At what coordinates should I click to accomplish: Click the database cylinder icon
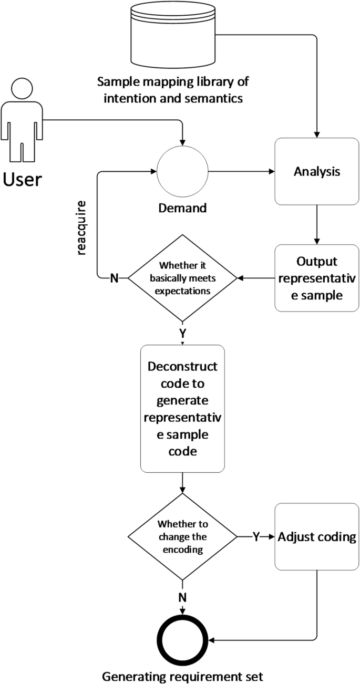coord(173,35)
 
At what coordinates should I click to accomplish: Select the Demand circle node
coord(182,171)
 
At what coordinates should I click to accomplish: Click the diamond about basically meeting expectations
coord(182,278)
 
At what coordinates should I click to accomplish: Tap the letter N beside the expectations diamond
coord(114,278)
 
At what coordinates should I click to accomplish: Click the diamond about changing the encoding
coord(182,536)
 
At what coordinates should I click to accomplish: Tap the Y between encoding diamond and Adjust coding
coord(256,537)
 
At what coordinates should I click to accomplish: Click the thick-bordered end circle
coord(182,640)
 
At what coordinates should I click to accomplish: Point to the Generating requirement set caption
coord(182,675)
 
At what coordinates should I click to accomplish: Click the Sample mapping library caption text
coord(173,89)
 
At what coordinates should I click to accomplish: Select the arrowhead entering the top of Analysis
coord(317,134)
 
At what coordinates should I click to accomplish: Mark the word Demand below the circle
coord(182,208)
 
